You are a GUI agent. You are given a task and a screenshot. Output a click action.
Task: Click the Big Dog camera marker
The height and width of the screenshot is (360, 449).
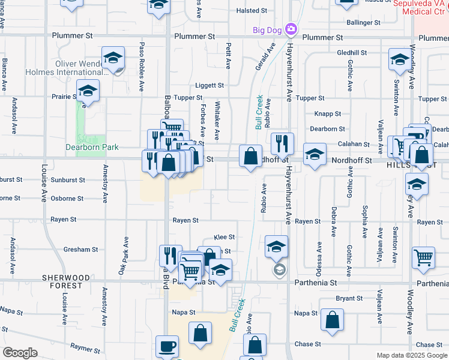[x=291, y=29]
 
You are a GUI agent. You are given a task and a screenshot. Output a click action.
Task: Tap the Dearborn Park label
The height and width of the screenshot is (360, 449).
[x=92, y=147]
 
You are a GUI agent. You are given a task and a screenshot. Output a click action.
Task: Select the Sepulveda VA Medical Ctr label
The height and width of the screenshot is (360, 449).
[x=421, y=7]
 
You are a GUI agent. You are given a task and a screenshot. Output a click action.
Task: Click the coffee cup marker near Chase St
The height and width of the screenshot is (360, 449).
[x=167, y=347]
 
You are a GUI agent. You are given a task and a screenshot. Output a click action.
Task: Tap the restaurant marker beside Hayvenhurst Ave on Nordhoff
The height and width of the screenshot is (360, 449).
[x=282, y=144]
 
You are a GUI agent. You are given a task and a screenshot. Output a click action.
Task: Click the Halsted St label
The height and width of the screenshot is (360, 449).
[x=251, y=11]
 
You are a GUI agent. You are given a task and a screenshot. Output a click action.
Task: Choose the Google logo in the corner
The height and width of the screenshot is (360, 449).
[x=20, y=353]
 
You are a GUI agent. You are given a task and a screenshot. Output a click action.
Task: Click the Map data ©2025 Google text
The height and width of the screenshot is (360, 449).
[x=412, y=355]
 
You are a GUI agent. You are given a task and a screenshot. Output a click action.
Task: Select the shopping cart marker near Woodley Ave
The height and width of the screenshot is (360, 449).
[x=423, y=258]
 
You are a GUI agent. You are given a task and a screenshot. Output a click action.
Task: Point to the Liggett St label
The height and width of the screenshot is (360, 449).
[x=209, y=86]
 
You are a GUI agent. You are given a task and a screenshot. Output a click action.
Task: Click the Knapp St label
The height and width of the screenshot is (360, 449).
[x=327, y=113]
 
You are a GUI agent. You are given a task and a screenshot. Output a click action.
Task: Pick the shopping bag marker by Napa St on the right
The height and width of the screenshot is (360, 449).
[x=332, y=320]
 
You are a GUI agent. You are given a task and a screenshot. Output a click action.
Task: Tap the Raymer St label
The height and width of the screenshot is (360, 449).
[x=84, y=347]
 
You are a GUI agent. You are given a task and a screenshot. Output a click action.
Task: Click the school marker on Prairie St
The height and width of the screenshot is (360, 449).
[x=88, y=91]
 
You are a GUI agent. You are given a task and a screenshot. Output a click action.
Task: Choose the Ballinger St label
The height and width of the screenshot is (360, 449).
[x=364, y=23]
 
